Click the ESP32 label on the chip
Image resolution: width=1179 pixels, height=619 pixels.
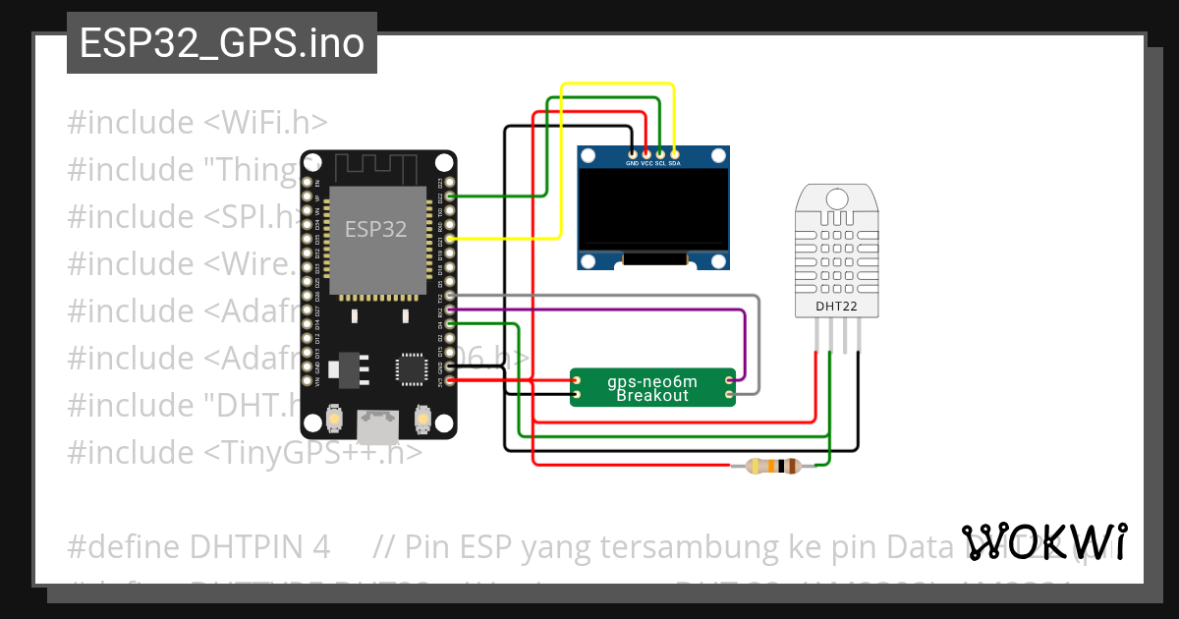point(375,229)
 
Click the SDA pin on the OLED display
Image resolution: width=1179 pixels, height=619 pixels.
point(674,153)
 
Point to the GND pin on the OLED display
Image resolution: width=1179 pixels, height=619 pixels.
point(632,153)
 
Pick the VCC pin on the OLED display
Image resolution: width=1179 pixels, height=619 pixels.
point(646,153)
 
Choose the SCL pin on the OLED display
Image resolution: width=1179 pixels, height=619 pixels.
point(660,153)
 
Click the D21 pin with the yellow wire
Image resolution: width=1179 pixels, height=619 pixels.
point(450,239)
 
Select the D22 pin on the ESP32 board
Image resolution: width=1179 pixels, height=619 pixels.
point(450,197)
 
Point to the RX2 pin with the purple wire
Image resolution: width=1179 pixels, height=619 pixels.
point(450,309)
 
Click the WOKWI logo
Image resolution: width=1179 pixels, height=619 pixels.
point(1044,541)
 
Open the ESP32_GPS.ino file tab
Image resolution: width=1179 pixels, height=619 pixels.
point(222,43)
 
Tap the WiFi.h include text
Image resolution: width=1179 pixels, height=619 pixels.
point(265,123)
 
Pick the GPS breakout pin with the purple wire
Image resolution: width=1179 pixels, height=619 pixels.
point(728,380)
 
